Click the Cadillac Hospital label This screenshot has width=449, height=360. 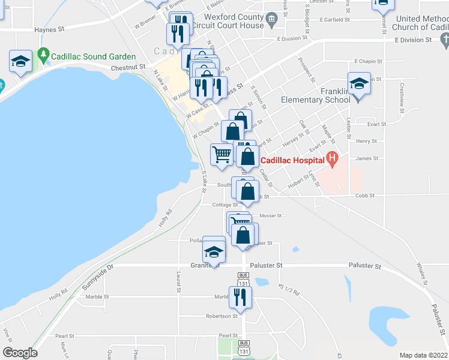click(291, 160)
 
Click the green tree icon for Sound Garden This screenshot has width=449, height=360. click(43, 55)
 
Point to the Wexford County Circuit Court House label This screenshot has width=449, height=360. click(234, 22)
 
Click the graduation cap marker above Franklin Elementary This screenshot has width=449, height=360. click(359, 84)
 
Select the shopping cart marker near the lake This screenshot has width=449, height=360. click(221, 154)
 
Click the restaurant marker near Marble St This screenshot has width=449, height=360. click(240, 296)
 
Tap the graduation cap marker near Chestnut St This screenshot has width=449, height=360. click(20, 62)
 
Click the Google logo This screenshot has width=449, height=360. click(20, 353)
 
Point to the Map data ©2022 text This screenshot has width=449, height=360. click(423, 355)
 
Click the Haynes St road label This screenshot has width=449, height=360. click(49, 29)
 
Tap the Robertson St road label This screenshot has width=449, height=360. click(221, 316)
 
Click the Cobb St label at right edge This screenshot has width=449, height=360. click(364, 196)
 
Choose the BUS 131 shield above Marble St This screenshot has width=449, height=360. click(243, 281)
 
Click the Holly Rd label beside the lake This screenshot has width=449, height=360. click(165, 217)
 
